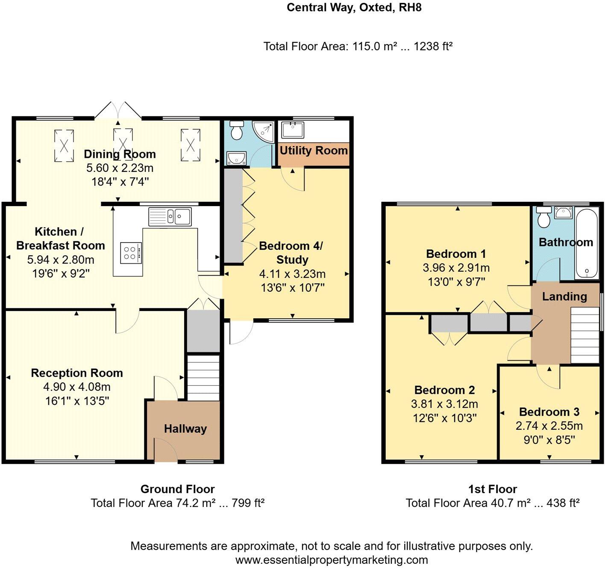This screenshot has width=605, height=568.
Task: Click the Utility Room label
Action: (314, 151)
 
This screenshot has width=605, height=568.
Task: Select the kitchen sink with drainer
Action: (170, 216)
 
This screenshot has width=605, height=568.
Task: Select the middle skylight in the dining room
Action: (123, 145)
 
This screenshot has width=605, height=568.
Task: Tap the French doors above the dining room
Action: (118, 110)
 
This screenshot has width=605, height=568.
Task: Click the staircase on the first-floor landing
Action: (585, 335)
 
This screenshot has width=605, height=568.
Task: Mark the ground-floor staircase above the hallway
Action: (203, 378)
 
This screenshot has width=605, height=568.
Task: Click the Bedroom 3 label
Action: (549, 412)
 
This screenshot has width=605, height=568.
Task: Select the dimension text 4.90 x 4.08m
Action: (77, 387)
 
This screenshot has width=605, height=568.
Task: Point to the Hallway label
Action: (185, 429)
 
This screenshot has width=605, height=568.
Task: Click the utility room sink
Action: (292, 130)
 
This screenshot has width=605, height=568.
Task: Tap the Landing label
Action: (564, 296)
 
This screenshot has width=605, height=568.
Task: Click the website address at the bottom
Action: (332, 560)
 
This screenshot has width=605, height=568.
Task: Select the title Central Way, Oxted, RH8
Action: (354, 7)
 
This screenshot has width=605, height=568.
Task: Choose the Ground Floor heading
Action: (177, 489)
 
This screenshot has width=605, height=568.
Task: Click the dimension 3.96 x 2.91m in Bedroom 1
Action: (456, 268)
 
